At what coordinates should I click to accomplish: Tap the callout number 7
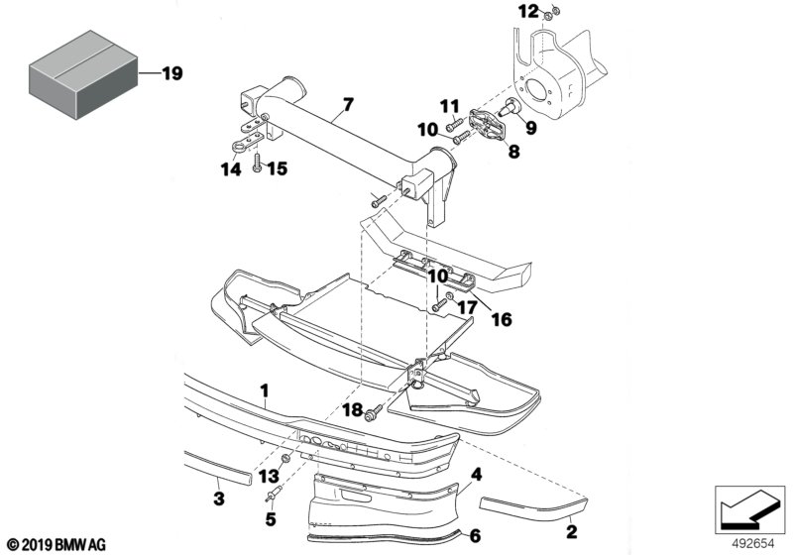[x=347, y=104]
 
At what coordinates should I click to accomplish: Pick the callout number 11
[x=449, y=105]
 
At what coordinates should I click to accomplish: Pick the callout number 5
[x=268, y=517]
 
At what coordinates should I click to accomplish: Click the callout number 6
[x=474, y=536]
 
